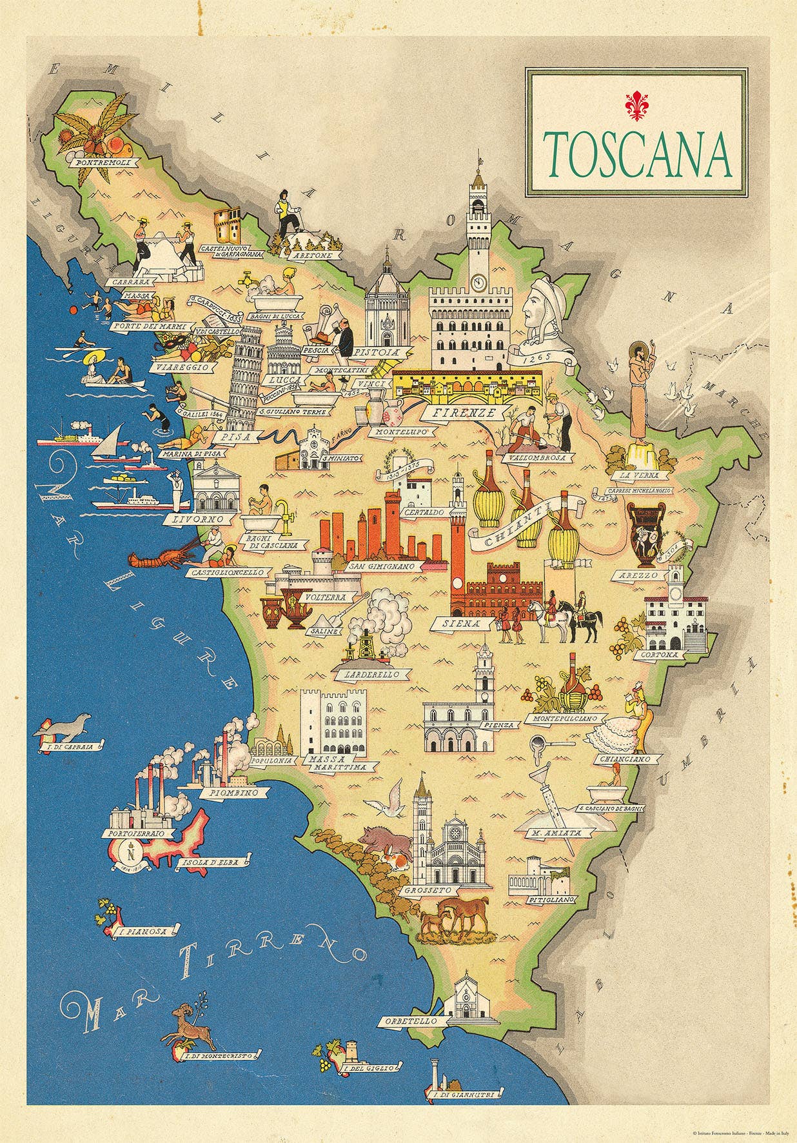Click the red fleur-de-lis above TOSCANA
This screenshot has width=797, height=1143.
pos(635,107)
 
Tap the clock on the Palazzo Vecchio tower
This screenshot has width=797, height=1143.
pos(478,282)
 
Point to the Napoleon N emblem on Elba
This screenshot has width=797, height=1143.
pos(133,855)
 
